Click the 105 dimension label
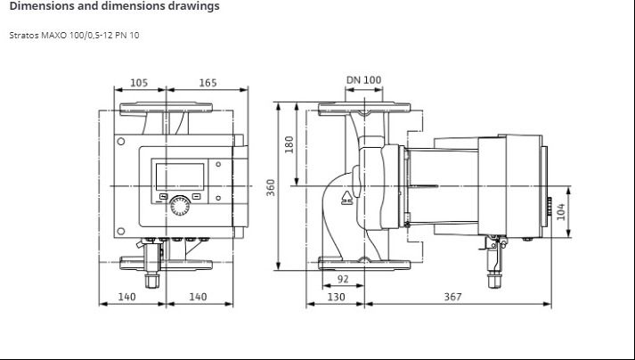click(139, 83)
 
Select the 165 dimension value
click(208, 83)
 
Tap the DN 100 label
click(363, 80)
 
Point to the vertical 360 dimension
click(271, 187)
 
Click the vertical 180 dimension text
click(289, 144)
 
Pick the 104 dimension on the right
click(560, 211)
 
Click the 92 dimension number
click(343, 279)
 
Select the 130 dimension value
click(336, 297)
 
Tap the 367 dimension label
click(452, 297)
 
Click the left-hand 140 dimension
click(126, 297)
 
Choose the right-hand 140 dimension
click(198, 297)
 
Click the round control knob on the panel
click(180, 206)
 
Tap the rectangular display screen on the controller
click(180, 176)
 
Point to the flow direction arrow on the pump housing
click(346, 198)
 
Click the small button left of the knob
click(163, 197)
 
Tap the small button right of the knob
click(196, 197)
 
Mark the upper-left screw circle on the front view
click(121, 142)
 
